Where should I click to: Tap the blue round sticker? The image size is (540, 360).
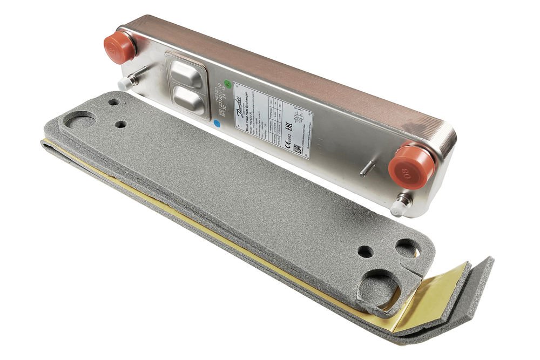coord(217,123)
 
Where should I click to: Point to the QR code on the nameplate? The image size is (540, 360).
coord(298,149)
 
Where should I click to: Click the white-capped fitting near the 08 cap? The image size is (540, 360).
coord(401,205)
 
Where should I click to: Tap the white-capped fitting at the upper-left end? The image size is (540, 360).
coord(126,83)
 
